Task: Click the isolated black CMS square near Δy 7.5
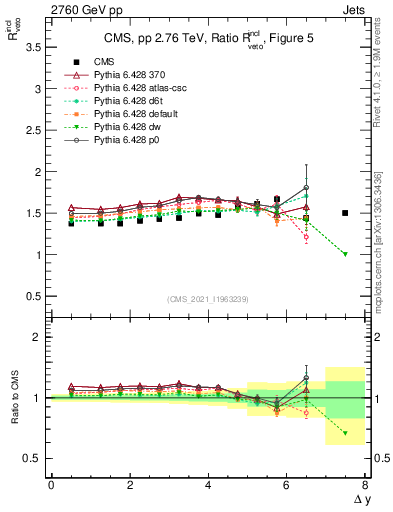coord(345,213)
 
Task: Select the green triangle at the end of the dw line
coord(345,254)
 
